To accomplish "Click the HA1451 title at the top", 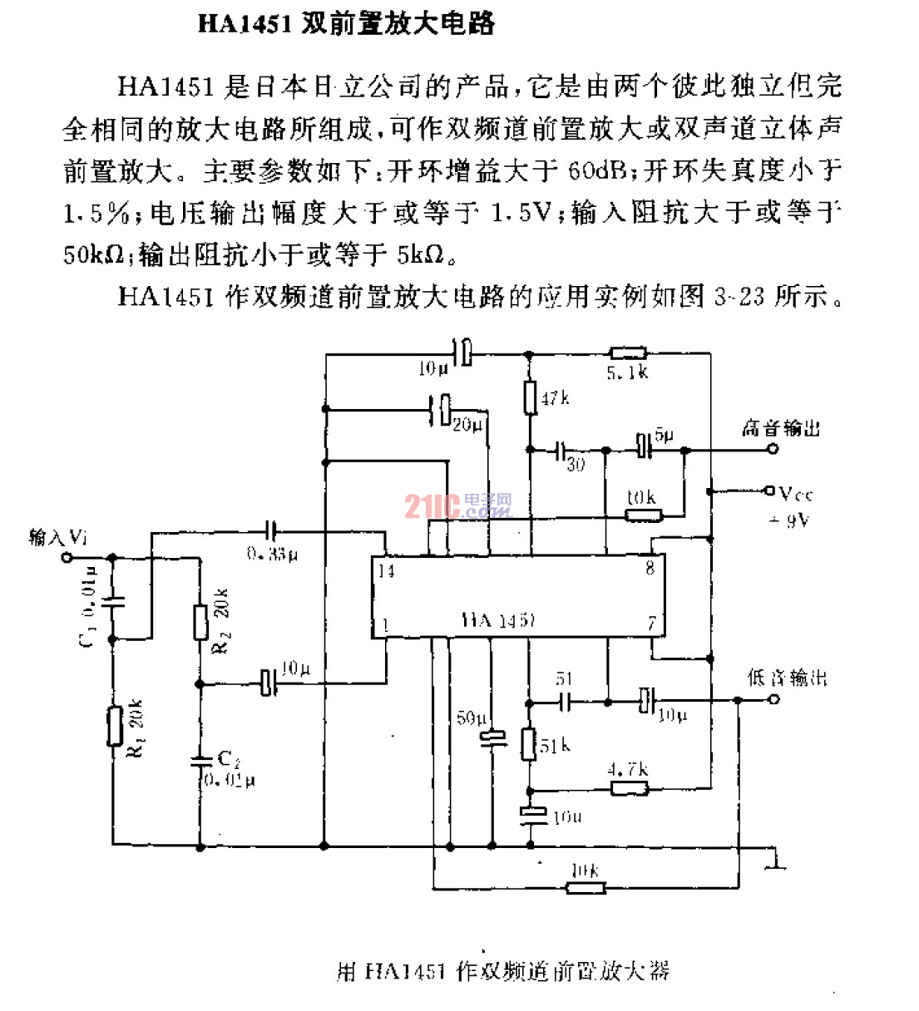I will click(346, 22).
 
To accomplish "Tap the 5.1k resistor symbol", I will click(628, 353).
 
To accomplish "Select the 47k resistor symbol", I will click(530, 397).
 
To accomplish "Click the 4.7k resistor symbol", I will click(630, 787).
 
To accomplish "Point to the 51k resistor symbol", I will click(528, 743).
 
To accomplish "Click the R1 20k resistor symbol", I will click(113, 726).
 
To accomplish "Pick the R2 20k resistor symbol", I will click(200, 621).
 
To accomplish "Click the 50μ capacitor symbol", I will click(493, 737).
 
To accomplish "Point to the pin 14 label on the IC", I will click(385, 571).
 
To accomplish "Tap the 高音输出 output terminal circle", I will click(773, 449).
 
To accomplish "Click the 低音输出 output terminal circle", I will click(773, 700).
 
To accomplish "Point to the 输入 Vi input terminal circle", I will click(67, 558).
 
